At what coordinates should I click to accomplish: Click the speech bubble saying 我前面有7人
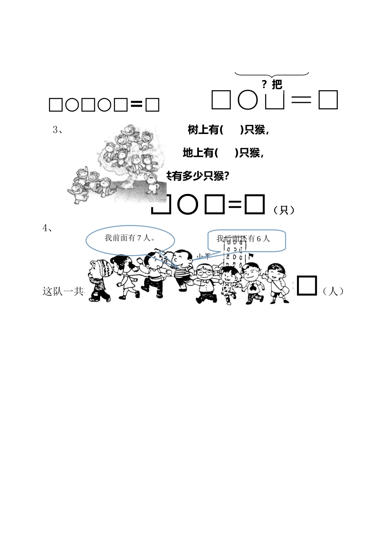(130, 239)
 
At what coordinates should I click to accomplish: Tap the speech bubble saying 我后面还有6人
(246, 240)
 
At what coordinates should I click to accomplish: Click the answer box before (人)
(307, 285)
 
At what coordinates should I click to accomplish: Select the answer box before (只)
(254, 205)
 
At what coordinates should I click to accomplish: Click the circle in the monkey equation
(188, 205)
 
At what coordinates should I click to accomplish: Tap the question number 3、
(58, 130)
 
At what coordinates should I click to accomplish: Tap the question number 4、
(47, 228)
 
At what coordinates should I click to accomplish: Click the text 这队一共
(63, 291)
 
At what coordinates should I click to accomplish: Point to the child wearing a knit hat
(99, 280)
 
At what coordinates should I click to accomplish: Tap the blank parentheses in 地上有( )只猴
(226, 153)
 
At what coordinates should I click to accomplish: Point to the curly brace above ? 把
(272, 74)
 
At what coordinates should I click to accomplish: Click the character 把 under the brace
(277, 85)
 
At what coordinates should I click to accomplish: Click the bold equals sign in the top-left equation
(136, 105)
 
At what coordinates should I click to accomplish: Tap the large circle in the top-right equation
(248, 100)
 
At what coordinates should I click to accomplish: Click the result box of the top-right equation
(328, 100)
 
